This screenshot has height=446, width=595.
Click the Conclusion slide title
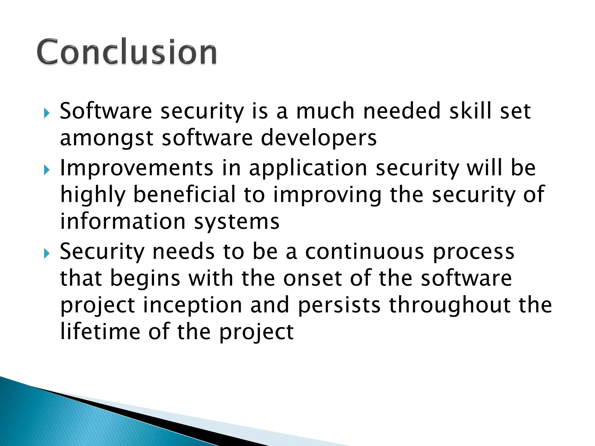coord(127,52)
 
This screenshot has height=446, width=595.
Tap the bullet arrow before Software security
coord(47,113)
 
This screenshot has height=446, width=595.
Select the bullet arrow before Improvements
coord(47,170)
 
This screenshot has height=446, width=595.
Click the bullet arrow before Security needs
coord(47,253)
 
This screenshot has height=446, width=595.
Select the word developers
coord(319,138)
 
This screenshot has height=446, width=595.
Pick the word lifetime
coord(100,332)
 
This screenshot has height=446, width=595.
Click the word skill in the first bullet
coord(470,111)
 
